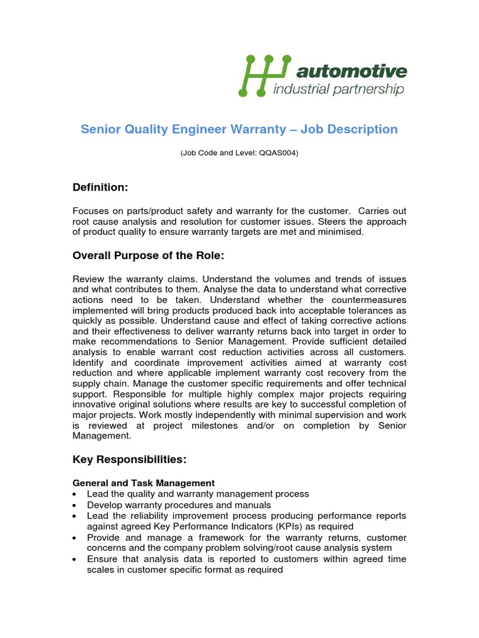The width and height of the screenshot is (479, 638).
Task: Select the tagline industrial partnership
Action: pyautogui.click(x=339, y=90)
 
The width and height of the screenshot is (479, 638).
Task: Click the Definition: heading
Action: pyautogui.click(x=100, y=188)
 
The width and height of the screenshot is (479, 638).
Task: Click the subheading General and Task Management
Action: pyautogui.click(x=143, y=483)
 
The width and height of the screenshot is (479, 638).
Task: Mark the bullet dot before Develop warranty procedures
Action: pyautogui.click(x=75, y=505)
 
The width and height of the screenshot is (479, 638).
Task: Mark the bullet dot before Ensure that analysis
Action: pyautogui.click(x=75, y=559)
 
